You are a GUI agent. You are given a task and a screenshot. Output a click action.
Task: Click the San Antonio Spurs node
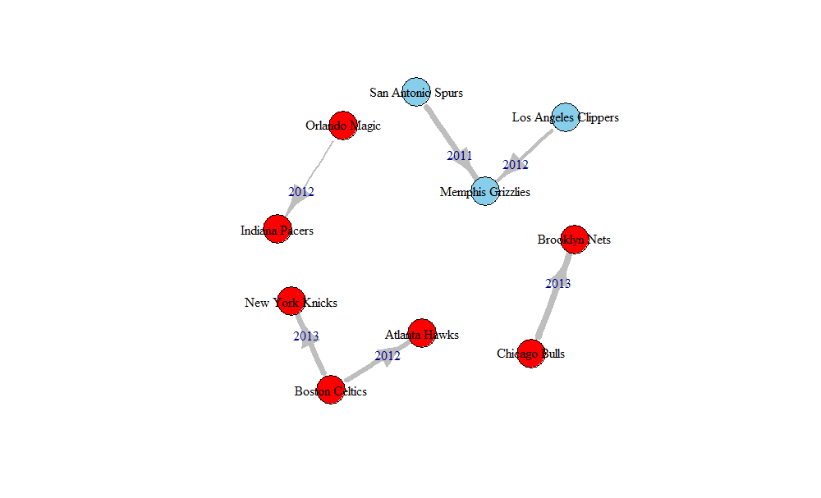tap(416, 93)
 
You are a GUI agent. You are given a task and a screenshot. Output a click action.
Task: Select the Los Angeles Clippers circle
tap(566, 117)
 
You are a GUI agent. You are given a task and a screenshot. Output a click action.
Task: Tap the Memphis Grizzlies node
tap(485, 192)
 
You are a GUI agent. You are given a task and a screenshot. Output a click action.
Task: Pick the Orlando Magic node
tap(343, 126)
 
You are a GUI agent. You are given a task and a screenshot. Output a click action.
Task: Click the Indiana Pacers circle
tap(277, 231)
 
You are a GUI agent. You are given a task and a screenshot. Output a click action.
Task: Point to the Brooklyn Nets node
tap(575, 240)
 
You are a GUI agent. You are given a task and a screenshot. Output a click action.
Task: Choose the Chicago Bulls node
tap(531, 354)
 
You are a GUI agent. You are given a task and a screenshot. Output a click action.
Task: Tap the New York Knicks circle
tap(291, 302)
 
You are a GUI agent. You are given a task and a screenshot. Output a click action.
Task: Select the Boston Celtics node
tap(330, 391)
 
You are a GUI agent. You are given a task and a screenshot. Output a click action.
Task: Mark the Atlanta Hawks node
tap(421, 334)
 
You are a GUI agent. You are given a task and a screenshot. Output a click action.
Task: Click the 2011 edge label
tap(460, 155)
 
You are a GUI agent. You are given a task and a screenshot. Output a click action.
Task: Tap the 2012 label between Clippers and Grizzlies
tap(516, 164)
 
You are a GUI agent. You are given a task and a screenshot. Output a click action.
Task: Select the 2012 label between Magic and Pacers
tap(301, 191)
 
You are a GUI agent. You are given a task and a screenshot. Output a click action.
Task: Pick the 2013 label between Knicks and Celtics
tap(305, 336)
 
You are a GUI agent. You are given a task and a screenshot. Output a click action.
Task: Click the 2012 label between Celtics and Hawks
tap(388, 355)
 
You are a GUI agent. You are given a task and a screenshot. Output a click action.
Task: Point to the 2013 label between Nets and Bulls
tap(557, 284)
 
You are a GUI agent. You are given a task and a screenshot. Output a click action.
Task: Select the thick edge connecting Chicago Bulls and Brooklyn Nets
tap(548, 312)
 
